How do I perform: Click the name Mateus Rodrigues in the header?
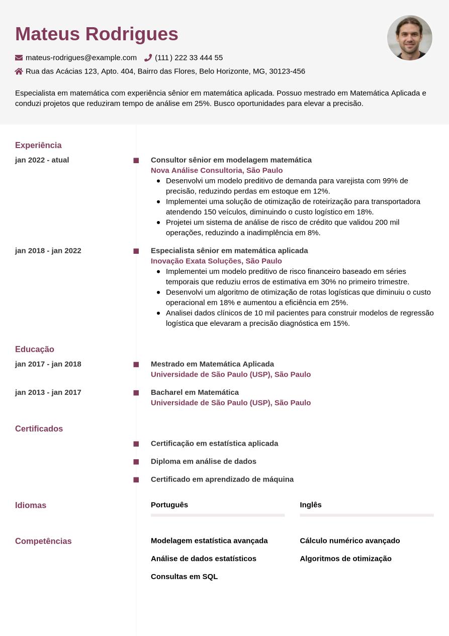tap(97, 34)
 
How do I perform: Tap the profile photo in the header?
tap(409, 38)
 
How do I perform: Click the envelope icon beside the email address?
tap(19, 58)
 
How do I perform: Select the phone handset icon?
tap(148, 58)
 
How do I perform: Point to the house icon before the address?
tap(19, 72)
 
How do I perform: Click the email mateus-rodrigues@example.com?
tap(81, 58)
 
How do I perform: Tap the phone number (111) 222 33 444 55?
tap(189, 58)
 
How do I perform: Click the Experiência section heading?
tap(38, 146)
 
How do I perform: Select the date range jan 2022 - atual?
tap(42, 160)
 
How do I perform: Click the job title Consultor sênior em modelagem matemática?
tap(231, 160)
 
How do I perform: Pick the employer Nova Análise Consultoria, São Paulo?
tap(217, 171)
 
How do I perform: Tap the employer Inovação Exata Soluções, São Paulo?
tap(216, 261)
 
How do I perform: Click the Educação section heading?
tap(35, 349)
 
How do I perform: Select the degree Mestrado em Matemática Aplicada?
tap(212, 364)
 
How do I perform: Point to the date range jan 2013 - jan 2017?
tap(48, 392)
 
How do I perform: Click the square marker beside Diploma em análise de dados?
tap(136, 462)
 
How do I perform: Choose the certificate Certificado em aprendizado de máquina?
tap(222, 479)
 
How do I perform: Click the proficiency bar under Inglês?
tap(367, 515)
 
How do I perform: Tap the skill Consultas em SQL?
tap(184, 577)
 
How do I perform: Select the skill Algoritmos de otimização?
tap(345, 558)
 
